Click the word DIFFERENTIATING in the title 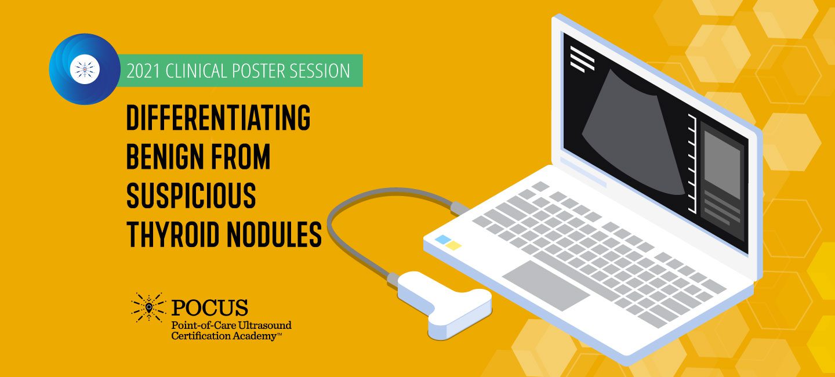(219, 118)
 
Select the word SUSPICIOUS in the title (191, 195)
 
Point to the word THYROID (172, 234)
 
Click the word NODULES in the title (274, 234)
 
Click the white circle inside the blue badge (85, 70)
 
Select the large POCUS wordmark (209, 307)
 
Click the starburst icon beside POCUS (148, 307)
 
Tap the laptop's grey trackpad (546, 285)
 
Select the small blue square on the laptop (443, 240)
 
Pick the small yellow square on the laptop (453, 245)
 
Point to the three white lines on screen (582, 59)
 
